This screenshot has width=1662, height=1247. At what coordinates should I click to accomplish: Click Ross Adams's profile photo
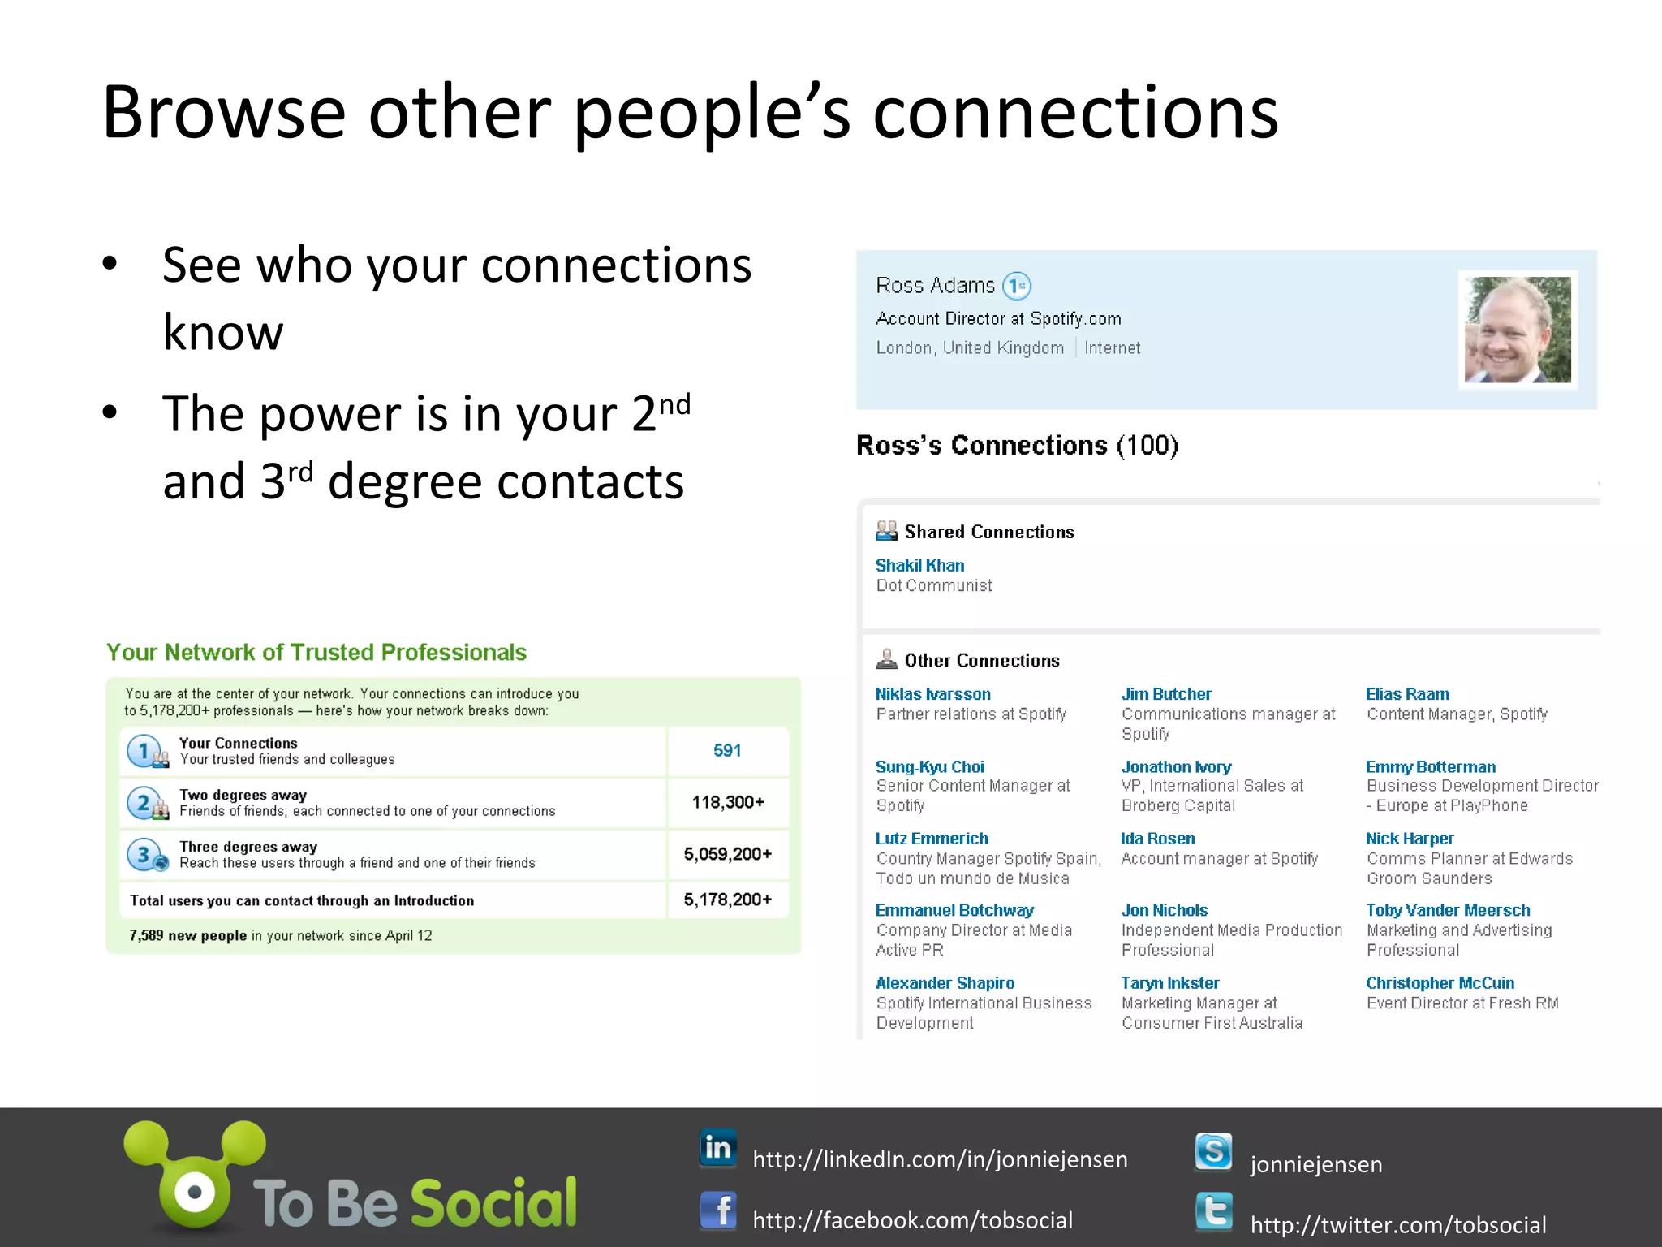1518,330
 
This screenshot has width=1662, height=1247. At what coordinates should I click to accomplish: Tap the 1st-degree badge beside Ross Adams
1017,286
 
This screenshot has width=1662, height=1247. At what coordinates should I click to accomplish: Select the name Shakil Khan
919,565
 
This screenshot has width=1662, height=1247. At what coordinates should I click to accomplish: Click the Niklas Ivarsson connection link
932,694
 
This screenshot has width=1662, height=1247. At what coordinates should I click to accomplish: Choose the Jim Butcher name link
1165,694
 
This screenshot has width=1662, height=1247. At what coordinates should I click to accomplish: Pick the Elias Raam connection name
1406,694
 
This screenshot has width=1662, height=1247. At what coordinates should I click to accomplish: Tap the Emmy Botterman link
1430,766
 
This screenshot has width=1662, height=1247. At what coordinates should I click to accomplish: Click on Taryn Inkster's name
1169,983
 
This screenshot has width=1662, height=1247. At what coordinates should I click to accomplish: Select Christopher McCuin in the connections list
1440,983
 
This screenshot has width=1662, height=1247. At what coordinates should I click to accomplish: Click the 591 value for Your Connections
727,750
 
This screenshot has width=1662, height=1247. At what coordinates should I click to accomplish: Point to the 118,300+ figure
727,802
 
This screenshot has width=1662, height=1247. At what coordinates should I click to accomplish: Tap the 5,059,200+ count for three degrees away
727,854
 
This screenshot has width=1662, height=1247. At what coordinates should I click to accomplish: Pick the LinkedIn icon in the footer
718,1149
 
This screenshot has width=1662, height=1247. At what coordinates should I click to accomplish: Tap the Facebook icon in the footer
718,1211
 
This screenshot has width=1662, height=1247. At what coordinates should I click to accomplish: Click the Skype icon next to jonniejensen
1213,1152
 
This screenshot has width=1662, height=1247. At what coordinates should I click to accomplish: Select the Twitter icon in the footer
1213,1212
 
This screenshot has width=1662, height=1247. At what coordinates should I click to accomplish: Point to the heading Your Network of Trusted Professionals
316,652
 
